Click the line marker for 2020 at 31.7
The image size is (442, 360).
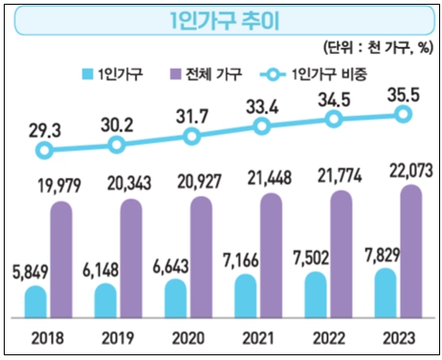pos(192,136)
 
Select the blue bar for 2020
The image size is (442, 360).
pos(176,299)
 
